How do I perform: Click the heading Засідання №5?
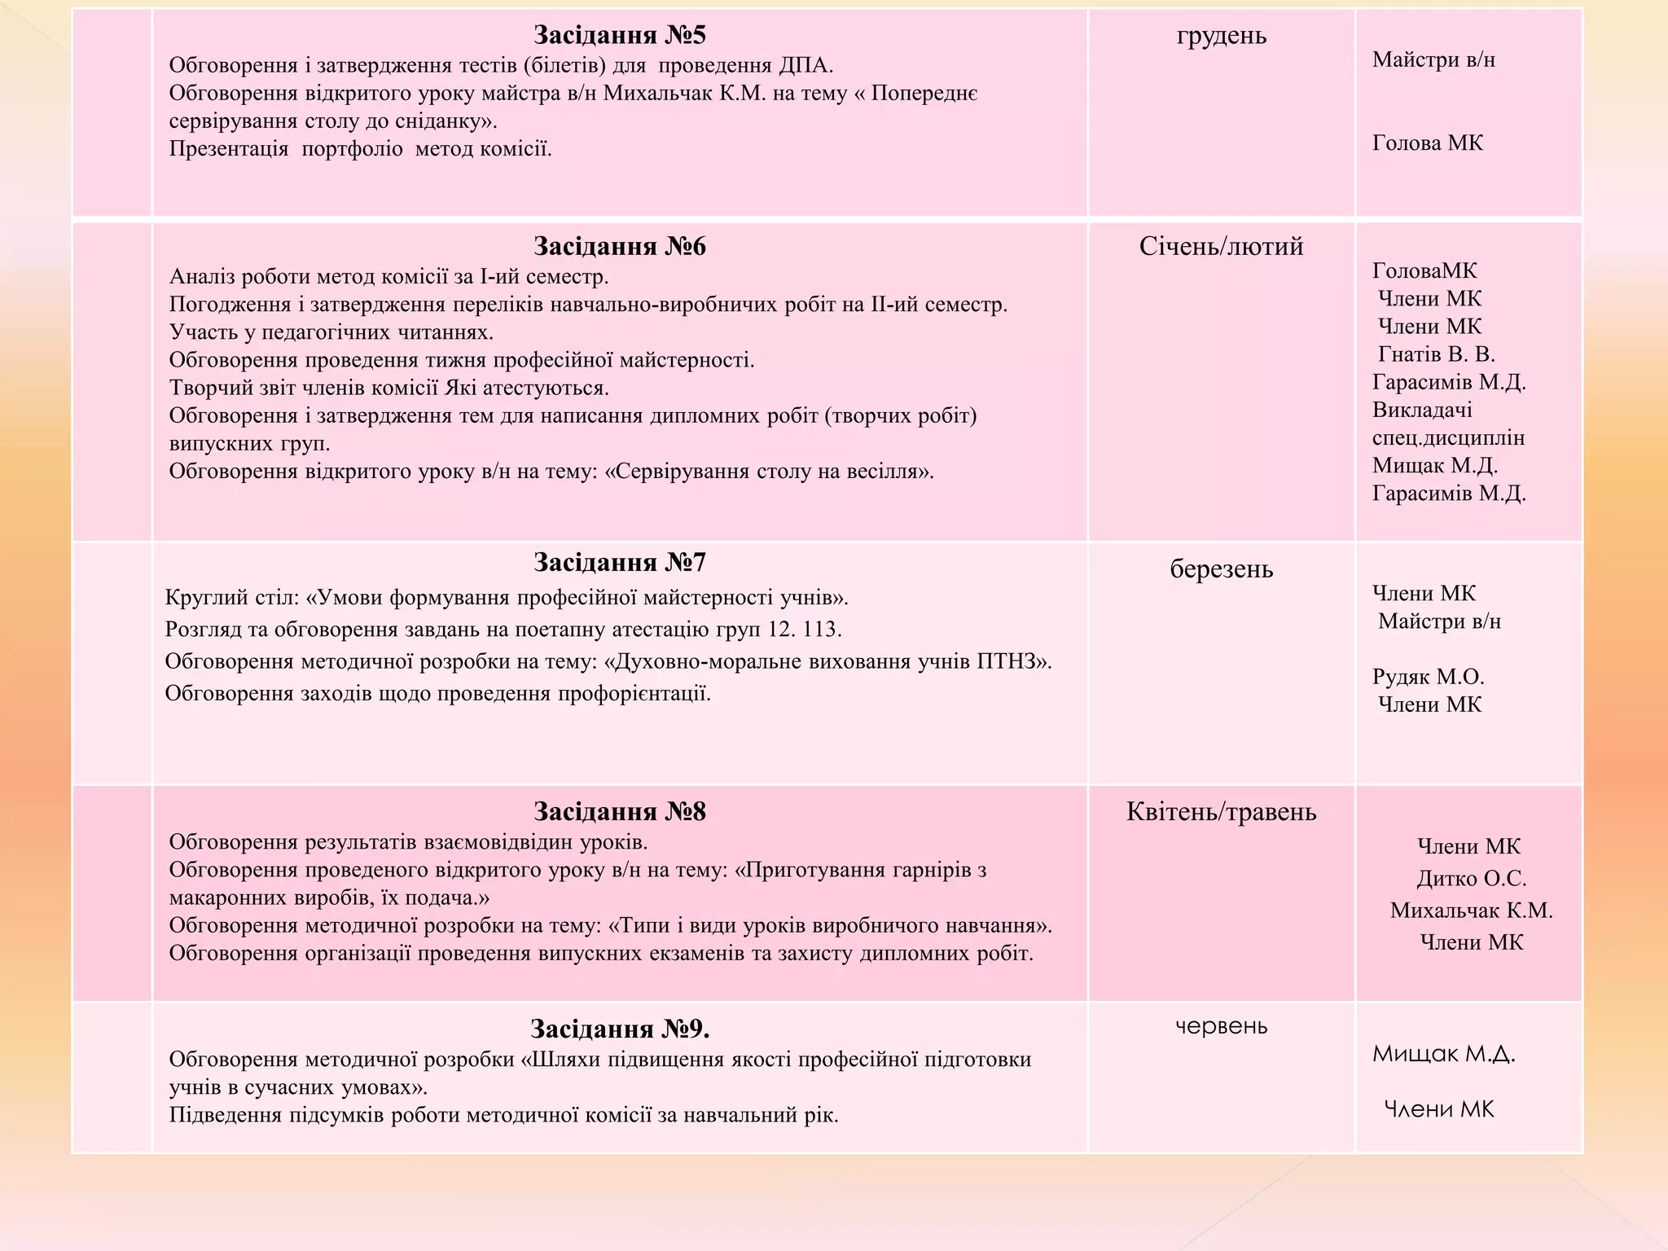click(x=619, y=35)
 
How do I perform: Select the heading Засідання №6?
click(x=619, y=246)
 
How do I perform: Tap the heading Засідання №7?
click(x=619, y=562)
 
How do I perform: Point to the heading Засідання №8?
click(x=619, y=811)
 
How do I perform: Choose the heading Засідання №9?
click(x=619, y=1029)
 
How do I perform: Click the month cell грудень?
click(x=1221, y=36)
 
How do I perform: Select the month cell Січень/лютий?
click(x=1221, y=246)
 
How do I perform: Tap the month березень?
click(x=1221, y=568)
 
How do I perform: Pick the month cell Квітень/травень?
click(x=1221, y=811)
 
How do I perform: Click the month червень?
click(x=1221, y=1026)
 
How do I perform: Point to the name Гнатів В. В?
click(x=1436, y=354)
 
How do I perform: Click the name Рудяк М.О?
click(x=1428, y=677)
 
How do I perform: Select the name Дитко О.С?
click(x=1471, y=879)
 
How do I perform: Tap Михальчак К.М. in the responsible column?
click(x=1471, y=911)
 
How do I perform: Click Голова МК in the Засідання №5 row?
click(x=1427, y=143)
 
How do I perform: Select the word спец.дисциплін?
click(x=1448, y=438)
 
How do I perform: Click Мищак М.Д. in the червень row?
click(x=1443, y=1054)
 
